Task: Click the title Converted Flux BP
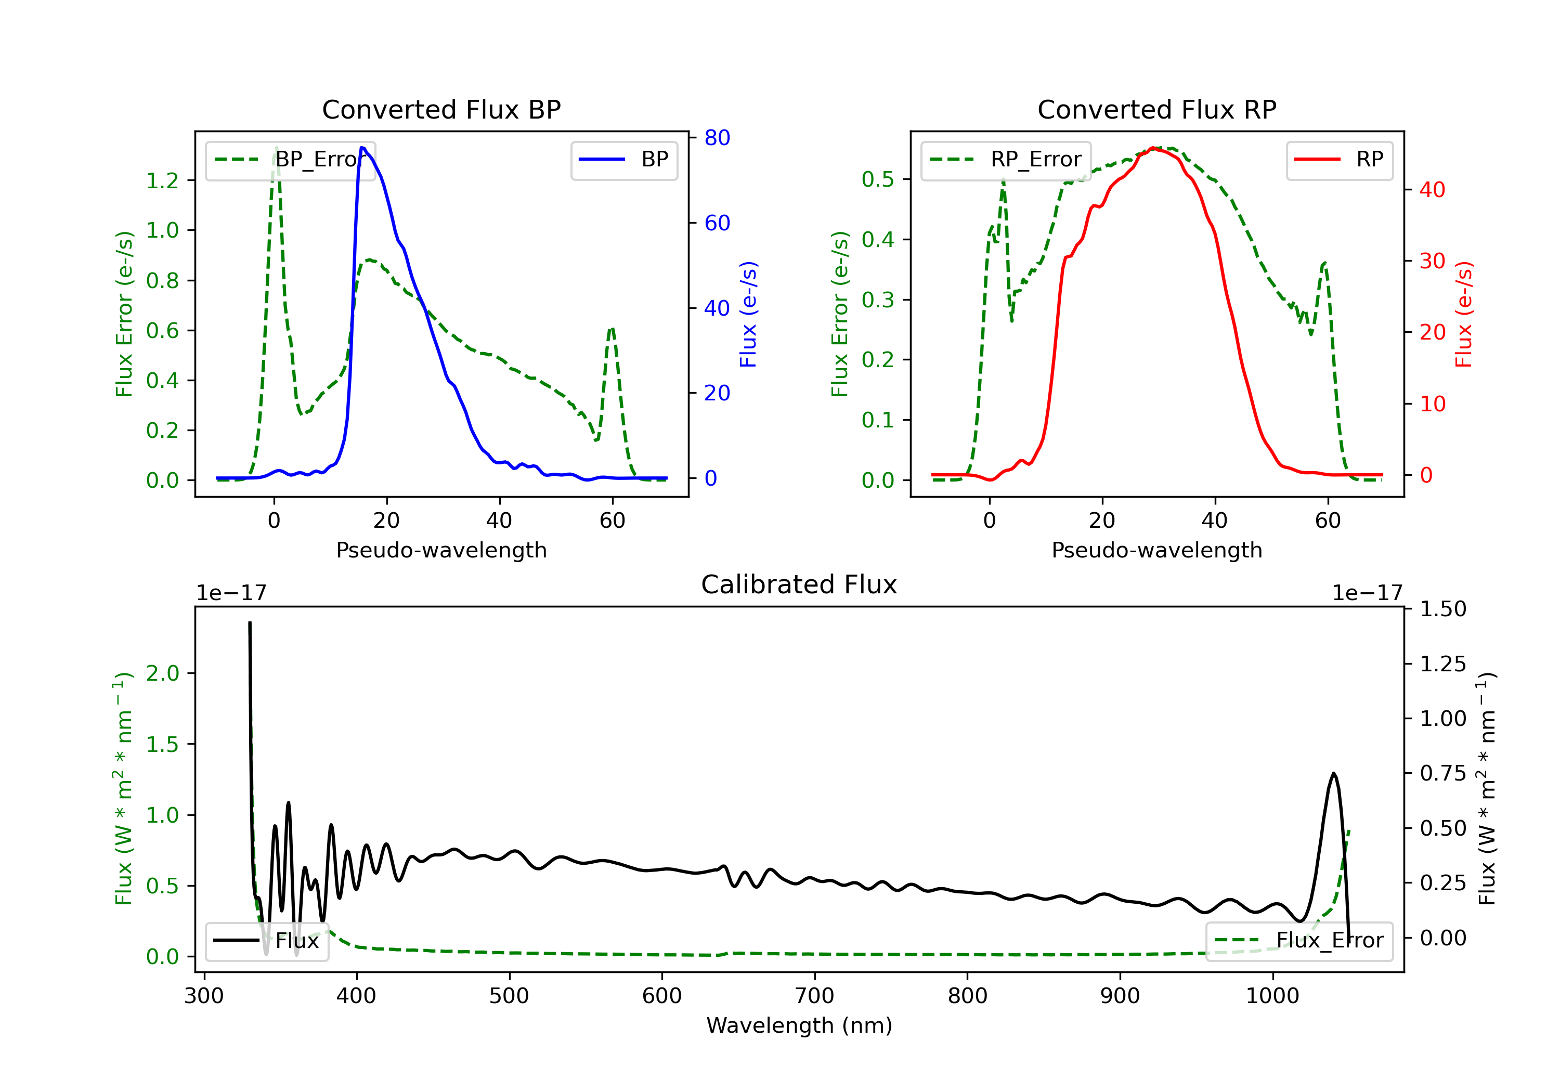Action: tap(441, 109)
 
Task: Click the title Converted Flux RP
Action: tap(1156, 109)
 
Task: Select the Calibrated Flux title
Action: tap(799, 584)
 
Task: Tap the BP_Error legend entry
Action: tap(290, 160)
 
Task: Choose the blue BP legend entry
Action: tap(623, 160)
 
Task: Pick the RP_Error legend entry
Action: tap(1006, 160)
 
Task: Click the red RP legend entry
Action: tap(1339, 160)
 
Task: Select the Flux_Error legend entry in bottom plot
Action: tap(1298, 941)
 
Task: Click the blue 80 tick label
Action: tap(717, 138)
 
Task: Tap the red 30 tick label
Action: tap(1432, 261)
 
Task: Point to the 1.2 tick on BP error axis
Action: tap(162, 181)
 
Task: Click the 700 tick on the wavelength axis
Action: tap(815, 996)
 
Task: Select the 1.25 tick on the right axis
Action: tap(1443, 664)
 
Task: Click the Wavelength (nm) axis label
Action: tap(799, 1025)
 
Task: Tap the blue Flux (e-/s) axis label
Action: tap(748, 315)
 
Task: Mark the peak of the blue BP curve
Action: tap(362, 148)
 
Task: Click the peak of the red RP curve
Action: tap(1153, 148)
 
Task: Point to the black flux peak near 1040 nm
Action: tap(1334, 773)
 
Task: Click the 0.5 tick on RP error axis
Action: tap(878, 179)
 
